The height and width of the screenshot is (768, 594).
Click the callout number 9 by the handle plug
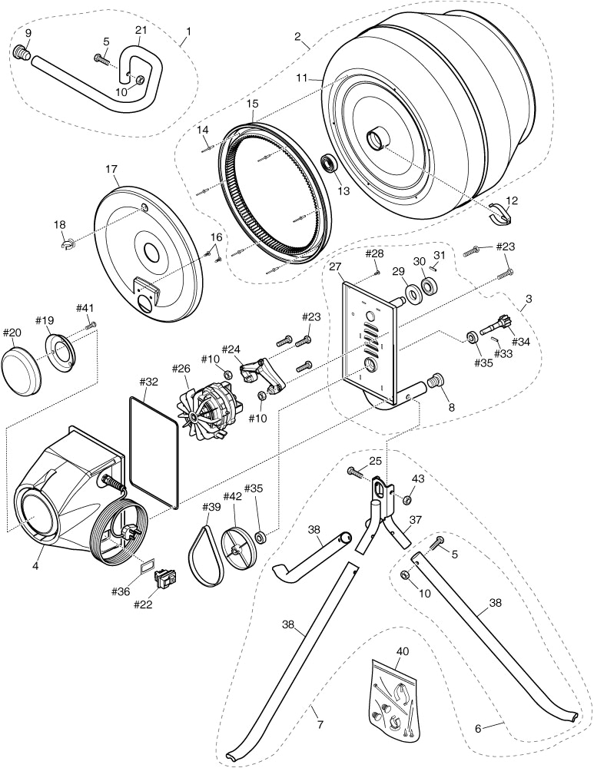click(x=28, y=33)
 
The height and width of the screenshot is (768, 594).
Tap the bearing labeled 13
click(x=329, y=164)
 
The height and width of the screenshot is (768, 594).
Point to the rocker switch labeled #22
click(x=165, y=578)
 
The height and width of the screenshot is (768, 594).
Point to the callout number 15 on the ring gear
click(x=252, y=102)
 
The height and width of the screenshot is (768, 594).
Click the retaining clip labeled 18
click(x=68, y=245)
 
